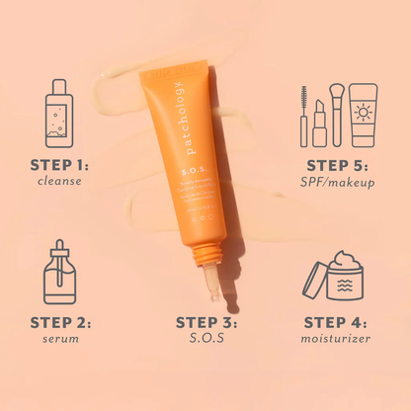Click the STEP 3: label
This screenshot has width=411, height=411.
[x=207, y=322]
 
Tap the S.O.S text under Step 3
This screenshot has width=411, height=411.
[x=207, y=340]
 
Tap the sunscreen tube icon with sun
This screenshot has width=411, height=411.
[x=363, y=115]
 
